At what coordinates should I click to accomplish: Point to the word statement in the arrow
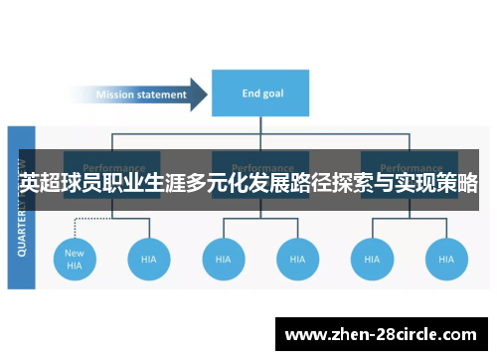click(162, 95)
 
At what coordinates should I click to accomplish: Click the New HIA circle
click(75, 259)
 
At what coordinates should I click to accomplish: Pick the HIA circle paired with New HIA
click(149, 259)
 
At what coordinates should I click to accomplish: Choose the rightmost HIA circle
click(446, 259)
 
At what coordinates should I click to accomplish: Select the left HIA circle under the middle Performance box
click(224, 259)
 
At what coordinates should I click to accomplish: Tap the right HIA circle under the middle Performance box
click(298, 259)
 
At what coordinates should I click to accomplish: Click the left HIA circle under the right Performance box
click(372, 259)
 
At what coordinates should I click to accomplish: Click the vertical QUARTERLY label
click(22, 209)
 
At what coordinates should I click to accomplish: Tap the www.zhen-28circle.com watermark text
click(381, 334)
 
